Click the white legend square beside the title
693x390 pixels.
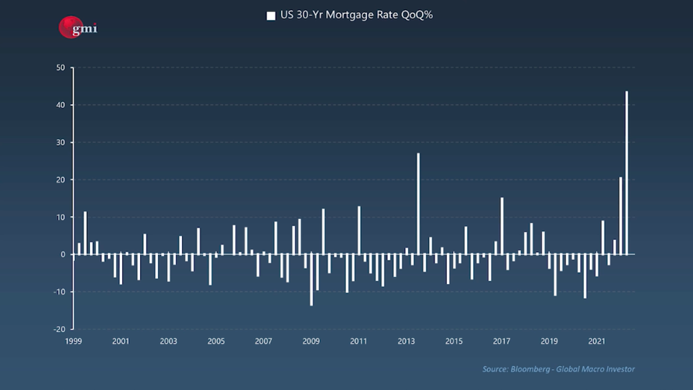[x=270, y=15]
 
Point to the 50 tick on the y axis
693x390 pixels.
[x=60, y=67]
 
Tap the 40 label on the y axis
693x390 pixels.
[x=60, y=105]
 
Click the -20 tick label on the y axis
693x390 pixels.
[x=58, y=329]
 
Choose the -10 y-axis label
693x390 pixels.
[x=58, y=292]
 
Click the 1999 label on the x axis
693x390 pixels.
[x=74, y=341]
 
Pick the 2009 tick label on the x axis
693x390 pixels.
[x=311, y=341]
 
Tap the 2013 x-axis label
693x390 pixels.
[x=407, y=341]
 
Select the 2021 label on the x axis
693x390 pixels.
[x=597, y=341]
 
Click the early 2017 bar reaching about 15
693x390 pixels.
[x=502, y=226]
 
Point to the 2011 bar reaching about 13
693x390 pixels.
[x=359, y=230]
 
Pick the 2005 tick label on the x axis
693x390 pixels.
[x=216, y=341]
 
